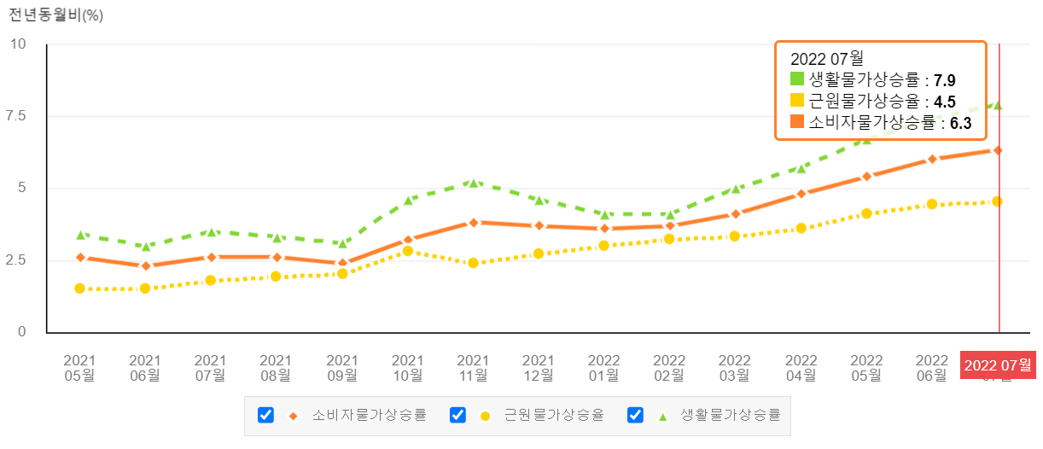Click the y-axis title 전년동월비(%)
55,15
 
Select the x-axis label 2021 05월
79,367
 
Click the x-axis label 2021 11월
473,367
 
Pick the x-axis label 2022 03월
735,367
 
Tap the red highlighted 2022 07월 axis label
998,365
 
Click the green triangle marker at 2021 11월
473,183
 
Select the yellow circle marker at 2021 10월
407,251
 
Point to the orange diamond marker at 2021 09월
342,263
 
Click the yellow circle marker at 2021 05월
79,289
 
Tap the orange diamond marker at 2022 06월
932,159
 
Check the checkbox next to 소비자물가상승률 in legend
265,415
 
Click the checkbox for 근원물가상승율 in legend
457,415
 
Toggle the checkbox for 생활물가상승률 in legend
635,415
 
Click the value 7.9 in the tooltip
944,80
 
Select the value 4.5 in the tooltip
944,102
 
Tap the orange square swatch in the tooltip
797,122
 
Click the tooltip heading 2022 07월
826,59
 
